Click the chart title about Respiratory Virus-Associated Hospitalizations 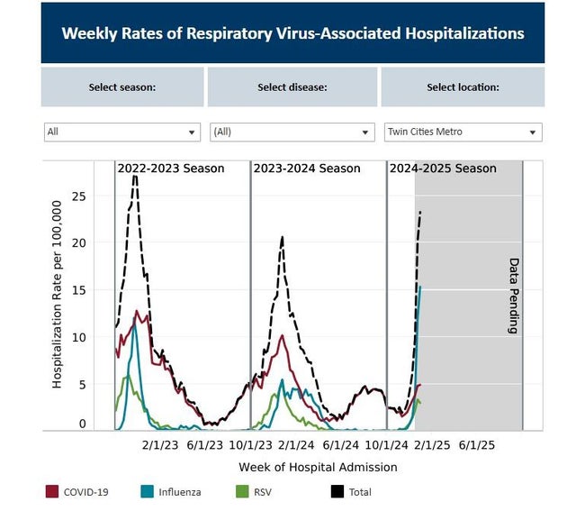(292, 33)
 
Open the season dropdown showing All (122, 132)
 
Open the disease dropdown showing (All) (292, 132)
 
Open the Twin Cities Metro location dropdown (463, 132)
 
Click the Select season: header (122, 87)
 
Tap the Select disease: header (292, 87)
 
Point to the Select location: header (463, 87)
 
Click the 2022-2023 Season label (171, 169)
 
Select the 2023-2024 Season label (306, 169)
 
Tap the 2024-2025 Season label (443, 169)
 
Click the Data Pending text (514, 296)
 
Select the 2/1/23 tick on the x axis (160, 444)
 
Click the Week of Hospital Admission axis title (318, 467)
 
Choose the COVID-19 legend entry (87, 492)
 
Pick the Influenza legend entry (175, 492)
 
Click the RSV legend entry (256, 492)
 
